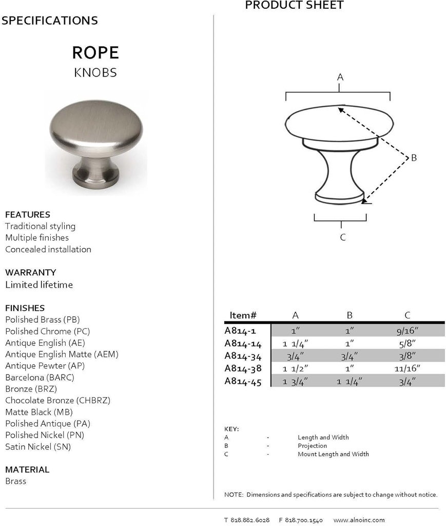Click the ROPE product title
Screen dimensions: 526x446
[95, 52]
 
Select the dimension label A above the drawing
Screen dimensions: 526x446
[340, 77]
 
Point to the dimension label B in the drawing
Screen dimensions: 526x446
[414, 158]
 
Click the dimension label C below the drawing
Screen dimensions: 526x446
[343, 237]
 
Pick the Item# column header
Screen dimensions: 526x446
[243, 315]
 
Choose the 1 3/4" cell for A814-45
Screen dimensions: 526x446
[295, 381]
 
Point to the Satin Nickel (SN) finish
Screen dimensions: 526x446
[38, 446]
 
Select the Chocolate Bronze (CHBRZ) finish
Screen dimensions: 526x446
[57, 400]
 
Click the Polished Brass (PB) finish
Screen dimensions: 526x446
[43, 320]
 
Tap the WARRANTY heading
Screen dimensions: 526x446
[30, 272]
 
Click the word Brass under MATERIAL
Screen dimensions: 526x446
[15, 481]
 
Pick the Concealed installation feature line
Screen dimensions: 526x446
[48, 249]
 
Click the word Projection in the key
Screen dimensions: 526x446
[312, 445]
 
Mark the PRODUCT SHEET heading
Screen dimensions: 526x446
[294, 6]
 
